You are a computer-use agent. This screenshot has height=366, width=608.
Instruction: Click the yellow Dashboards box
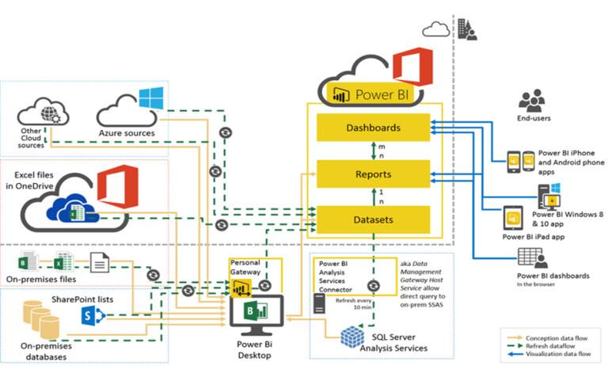[x=373, y=127]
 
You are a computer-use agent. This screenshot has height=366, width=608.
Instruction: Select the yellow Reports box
[x=373, y=173]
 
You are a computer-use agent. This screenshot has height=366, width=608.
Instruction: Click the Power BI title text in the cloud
[x=382, y=94]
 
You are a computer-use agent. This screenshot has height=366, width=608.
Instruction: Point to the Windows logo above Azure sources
[x=150, y=99]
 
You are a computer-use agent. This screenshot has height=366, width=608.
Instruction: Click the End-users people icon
[x=531, y=100]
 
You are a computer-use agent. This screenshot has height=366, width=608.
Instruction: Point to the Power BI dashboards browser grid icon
[x=529, y=258]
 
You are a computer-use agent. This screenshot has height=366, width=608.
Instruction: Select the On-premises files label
[x=47, y=278]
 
